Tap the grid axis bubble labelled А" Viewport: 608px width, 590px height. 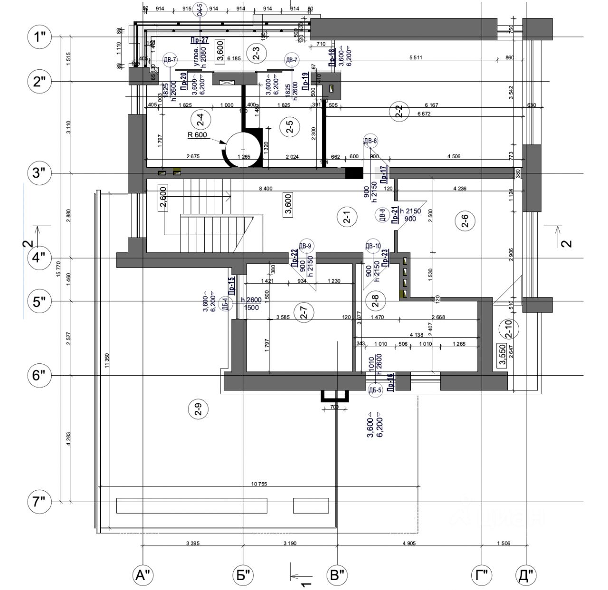(143, 576)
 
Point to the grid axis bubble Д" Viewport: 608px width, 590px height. (527, 576)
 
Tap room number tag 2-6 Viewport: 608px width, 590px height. (465, 221)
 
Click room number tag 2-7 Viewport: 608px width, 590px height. (304, 313)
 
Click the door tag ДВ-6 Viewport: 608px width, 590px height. (370, 141)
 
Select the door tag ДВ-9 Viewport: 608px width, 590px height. (305, 246)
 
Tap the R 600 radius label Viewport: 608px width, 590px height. (197, 134)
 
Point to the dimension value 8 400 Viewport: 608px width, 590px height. (266, 189)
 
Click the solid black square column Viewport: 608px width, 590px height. (353, 173)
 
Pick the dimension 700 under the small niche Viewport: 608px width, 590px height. (333, 407)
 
